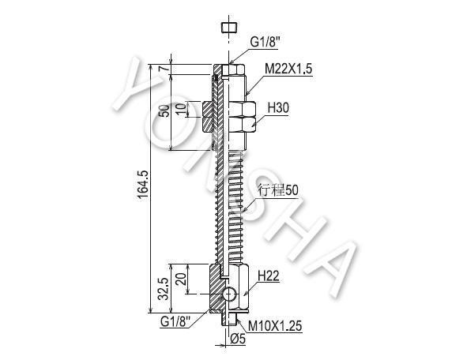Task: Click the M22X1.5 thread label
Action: point(288,69)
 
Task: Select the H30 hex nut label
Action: point(278,107)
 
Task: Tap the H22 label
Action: point(269,276)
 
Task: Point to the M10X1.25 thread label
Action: point(275,326)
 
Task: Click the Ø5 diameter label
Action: point(239,339)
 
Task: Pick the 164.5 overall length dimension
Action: point(143,186)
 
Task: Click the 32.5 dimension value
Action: point(164,289)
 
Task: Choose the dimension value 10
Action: point(182,110)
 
